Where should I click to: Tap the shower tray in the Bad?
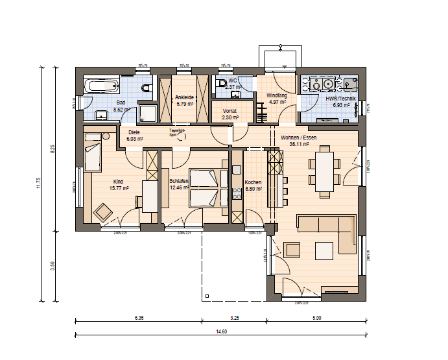tap(148, 114)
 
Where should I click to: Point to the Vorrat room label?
tap(230, 111)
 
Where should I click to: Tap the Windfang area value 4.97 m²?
tap(277, 102)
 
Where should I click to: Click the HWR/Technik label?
tap(336, 98)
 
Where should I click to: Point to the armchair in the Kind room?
tap(102, 211)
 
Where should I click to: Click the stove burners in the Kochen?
tap(236, 191)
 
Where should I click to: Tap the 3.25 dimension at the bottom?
tap(234, 318)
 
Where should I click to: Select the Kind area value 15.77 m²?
tap(118, 188)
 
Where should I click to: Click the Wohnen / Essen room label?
tap(298, 138)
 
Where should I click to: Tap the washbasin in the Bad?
tap(101, 115)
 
